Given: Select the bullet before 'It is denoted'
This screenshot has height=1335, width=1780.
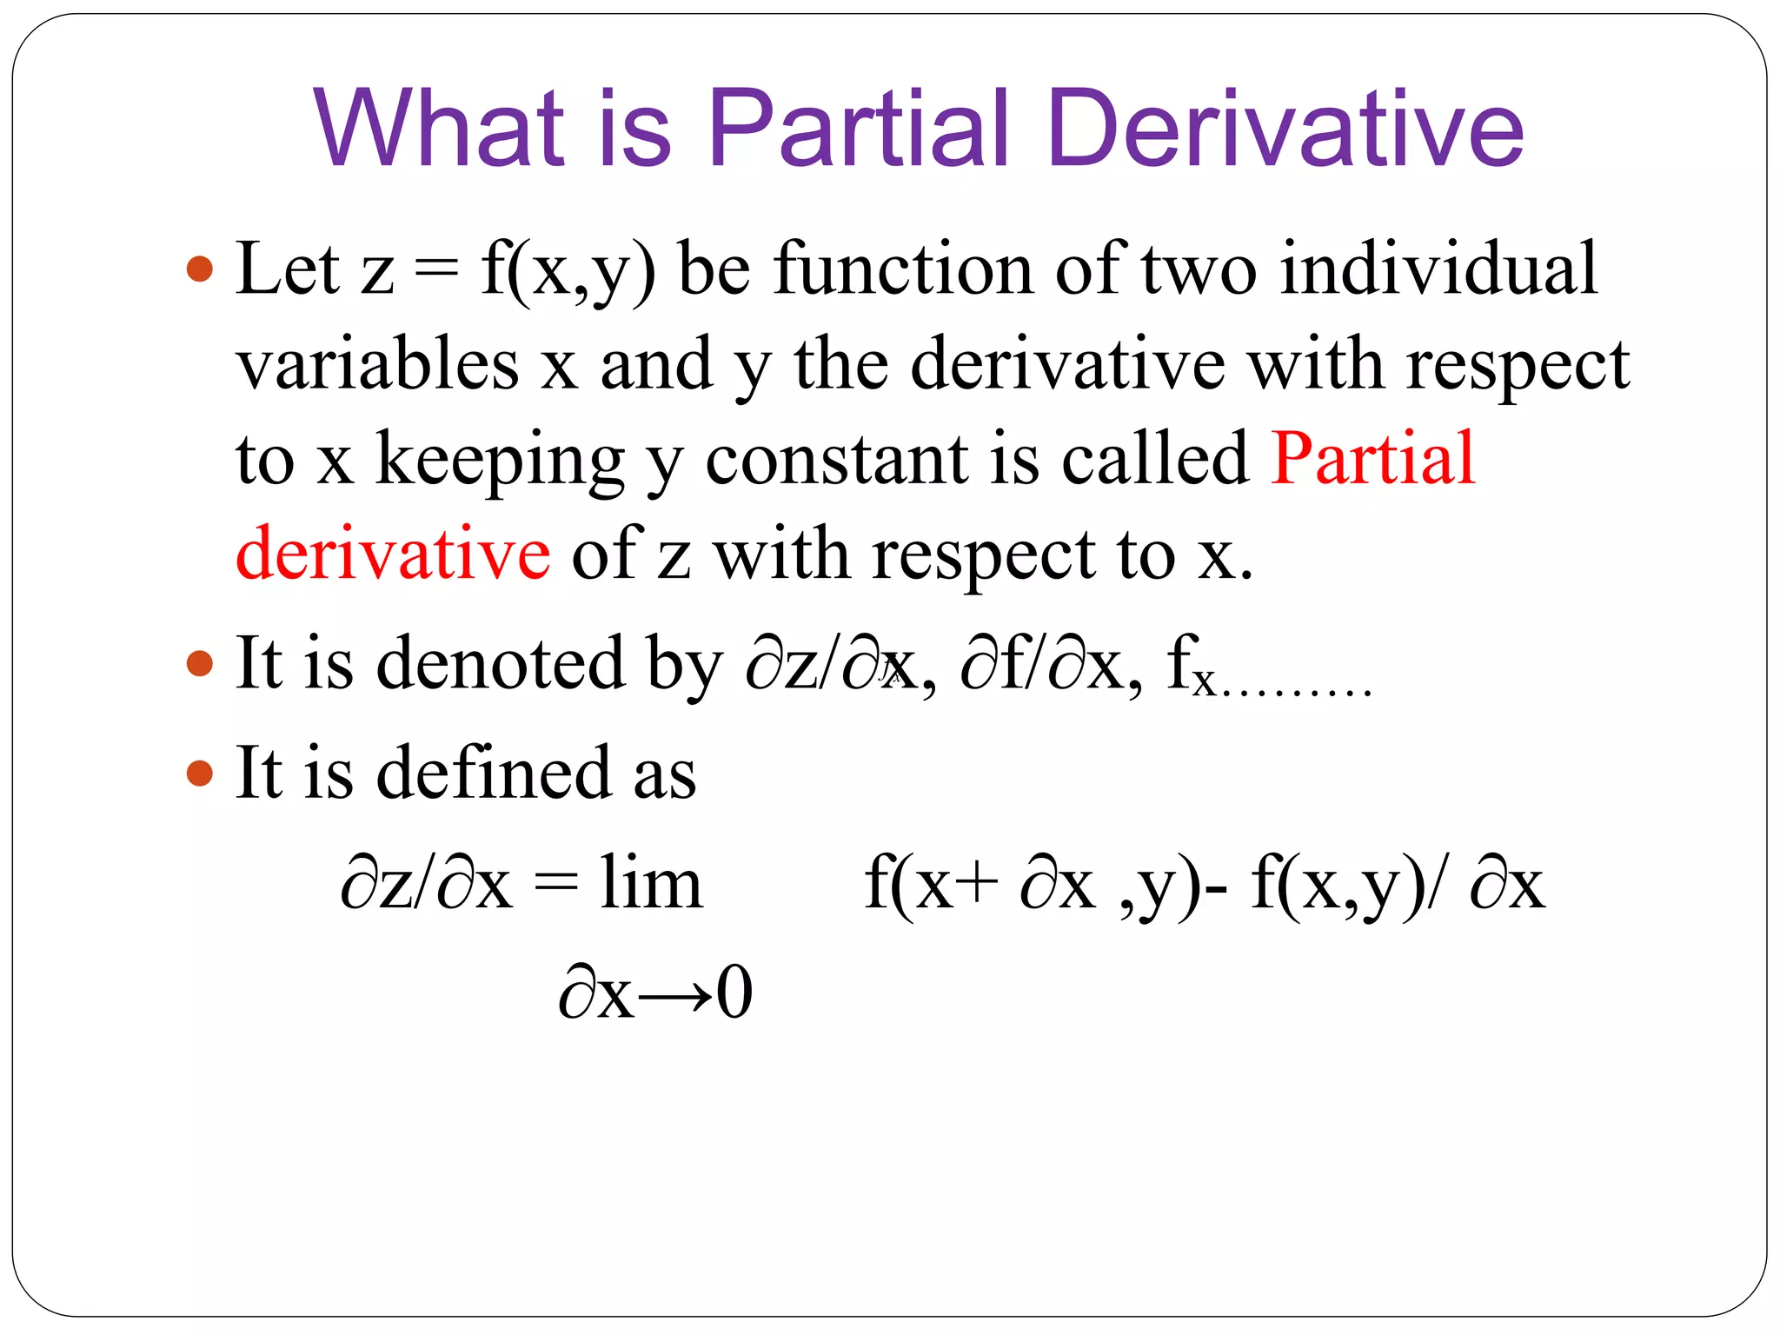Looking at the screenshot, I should tap(200, 664).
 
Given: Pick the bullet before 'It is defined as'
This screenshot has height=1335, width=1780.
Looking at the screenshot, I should tap(200, 773).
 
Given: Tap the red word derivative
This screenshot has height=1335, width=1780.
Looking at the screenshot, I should tap(393, 554).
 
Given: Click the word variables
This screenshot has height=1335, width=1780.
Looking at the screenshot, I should tap(377, 364).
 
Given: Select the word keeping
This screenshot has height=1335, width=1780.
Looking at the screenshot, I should tap(500, 460).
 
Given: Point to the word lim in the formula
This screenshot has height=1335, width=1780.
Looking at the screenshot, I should tap(650, 883).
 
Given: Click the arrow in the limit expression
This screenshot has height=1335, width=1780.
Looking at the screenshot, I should tap(675, 993).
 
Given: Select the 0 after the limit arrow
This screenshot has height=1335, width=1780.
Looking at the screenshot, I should tap(734, 993).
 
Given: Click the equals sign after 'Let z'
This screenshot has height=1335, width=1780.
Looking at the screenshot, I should tap(436, 270).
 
